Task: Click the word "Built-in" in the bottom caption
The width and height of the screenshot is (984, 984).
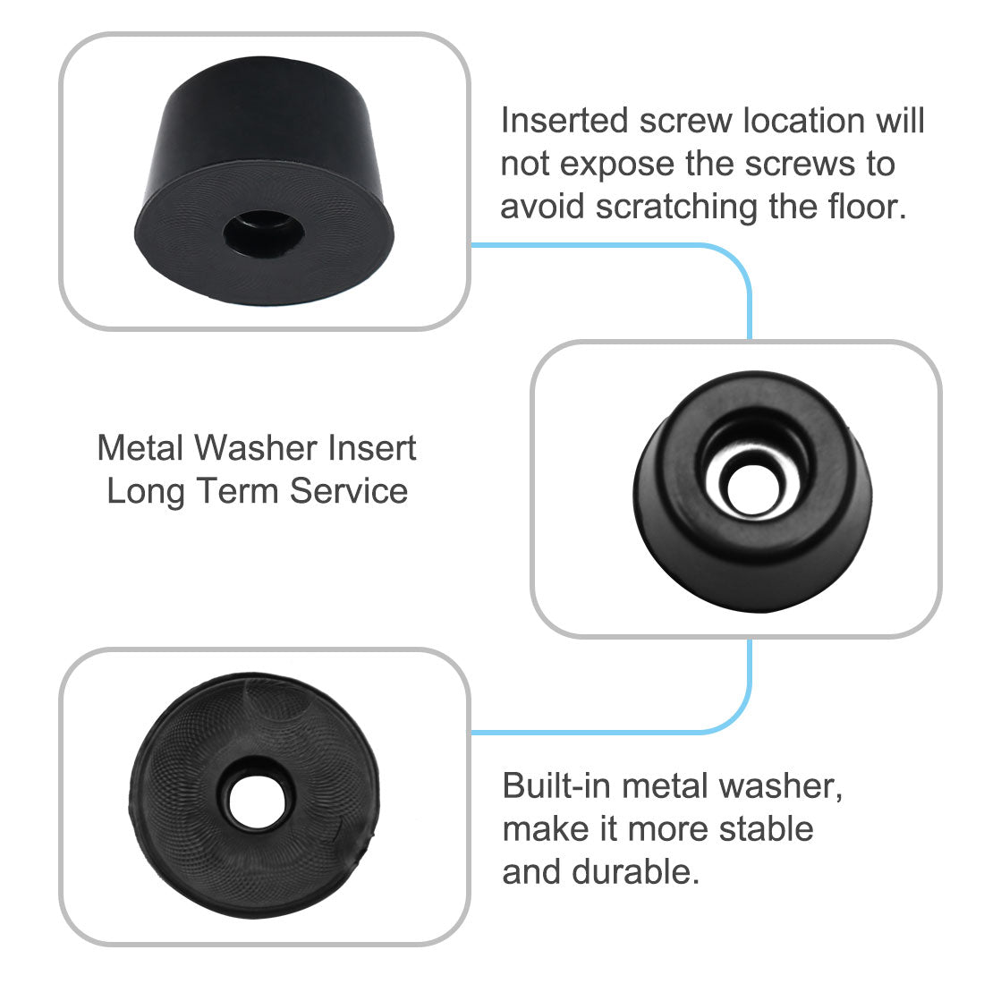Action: pyautogui.click(x=556, y=785)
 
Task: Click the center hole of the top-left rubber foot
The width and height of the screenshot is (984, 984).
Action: pyautogui.click(x=263, y=231)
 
